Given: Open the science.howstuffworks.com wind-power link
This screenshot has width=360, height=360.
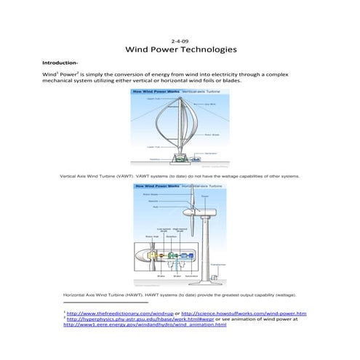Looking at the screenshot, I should click(x=244, y=313).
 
